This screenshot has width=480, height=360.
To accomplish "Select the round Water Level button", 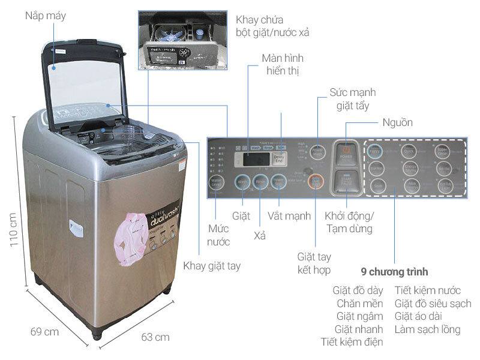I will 216,183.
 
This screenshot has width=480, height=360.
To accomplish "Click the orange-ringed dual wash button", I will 316,181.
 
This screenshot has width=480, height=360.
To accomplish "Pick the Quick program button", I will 410,150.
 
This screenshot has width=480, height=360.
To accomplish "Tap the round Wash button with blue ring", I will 242,182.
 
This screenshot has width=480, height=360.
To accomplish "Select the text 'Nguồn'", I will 397,122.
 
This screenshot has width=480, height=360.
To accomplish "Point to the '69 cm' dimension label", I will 44,331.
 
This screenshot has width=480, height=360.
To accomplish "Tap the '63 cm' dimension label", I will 155,337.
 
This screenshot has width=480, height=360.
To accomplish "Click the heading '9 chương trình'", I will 395,271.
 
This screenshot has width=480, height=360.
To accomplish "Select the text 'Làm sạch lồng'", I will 427,329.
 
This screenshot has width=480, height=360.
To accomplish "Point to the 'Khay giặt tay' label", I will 212,266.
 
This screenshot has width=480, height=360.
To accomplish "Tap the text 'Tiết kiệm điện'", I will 352,343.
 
